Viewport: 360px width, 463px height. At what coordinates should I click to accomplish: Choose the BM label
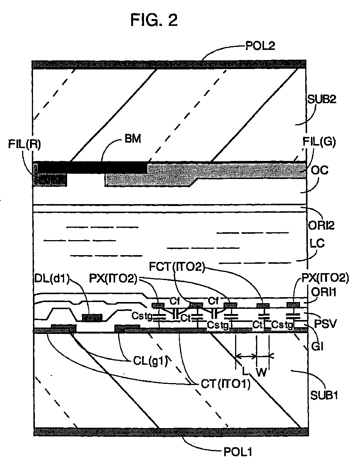pyautogui.click(x=132, y=139)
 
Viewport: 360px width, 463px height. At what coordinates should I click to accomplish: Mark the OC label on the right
pyautogui.click(x=320, y=170)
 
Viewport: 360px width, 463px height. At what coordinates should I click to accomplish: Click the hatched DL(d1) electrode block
pyautogui.click(x=92, y=318)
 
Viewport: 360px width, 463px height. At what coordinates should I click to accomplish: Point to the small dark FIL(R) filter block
pyautogui.click(x=51, y=180)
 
